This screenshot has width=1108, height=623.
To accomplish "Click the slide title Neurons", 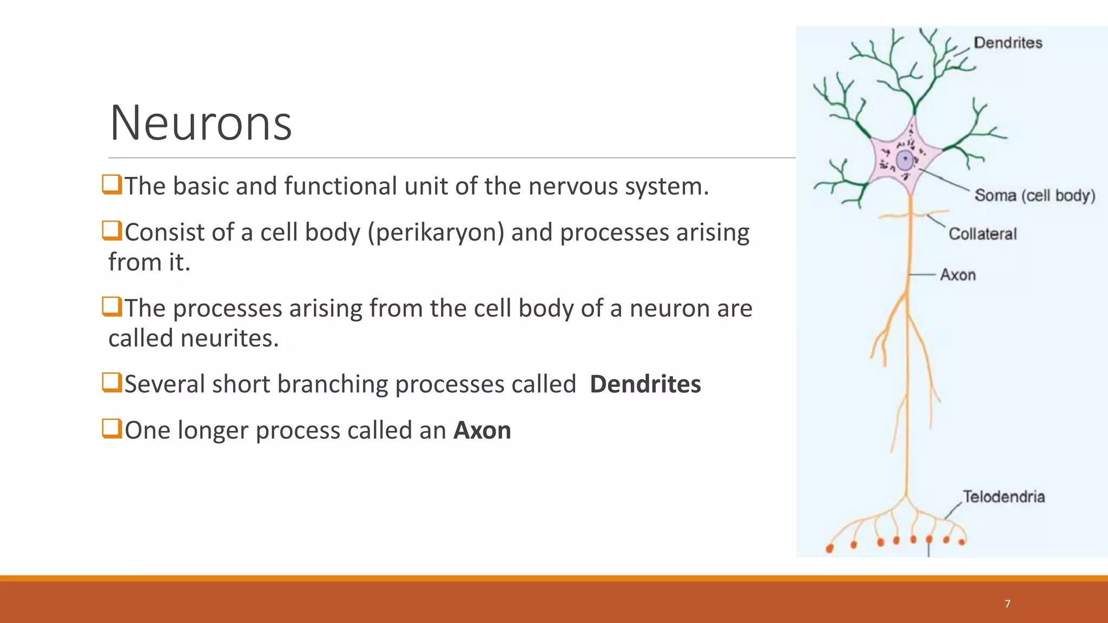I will [x=201, y=123].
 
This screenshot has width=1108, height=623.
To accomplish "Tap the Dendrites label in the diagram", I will [x=1007, y=43].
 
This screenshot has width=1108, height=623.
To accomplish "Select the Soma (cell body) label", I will [x=1034, y=195].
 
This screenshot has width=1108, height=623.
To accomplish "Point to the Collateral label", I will [x=982, y=234].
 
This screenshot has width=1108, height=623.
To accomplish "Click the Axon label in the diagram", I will [x=958, y=275].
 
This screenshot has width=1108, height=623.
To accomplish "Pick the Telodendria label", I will [x=1004, y=496].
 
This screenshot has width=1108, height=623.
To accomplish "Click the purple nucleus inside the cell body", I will [x=905, y=161].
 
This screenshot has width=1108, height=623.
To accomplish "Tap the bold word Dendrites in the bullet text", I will [x=645, y=385].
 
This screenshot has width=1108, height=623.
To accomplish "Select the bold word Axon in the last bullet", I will [x=482, y=430].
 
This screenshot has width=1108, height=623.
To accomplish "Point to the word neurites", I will [x=229, y=339].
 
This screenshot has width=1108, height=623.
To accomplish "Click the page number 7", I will [x=1007, y=604].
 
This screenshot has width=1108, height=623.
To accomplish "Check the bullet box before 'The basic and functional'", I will [x=111, y=184].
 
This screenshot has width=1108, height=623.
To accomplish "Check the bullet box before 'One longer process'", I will [x=111, y=429].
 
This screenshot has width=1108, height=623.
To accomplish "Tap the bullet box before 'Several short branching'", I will [x=111, y=383].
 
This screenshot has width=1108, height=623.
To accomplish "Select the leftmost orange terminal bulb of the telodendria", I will [x=829, y=549].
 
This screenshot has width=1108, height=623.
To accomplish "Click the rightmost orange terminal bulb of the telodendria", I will [x=962, y=542].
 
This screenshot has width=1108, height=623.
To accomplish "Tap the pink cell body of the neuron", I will [x=887, y=173].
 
